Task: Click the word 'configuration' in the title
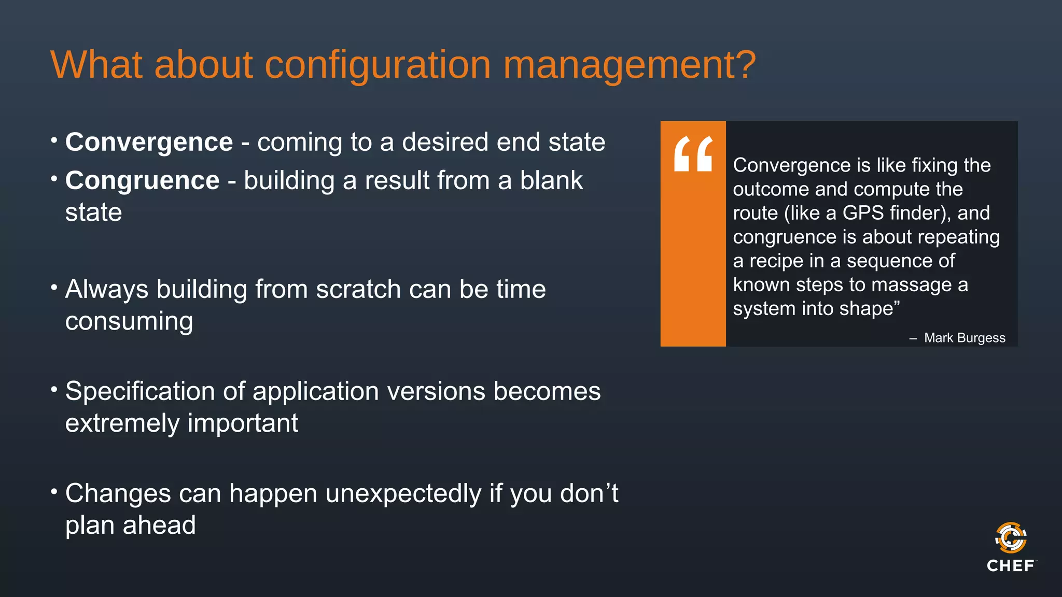click(378, 65)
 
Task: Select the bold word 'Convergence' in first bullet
click(149, 142)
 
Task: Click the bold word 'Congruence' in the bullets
click(142, 180)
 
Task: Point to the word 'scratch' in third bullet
click(358, 289)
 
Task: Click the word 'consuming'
click(129, 322)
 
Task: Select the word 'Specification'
click(139, 391)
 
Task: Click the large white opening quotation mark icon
click(693, 154)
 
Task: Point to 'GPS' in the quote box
click(863, 213)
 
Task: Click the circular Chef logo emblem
click(1011, 538)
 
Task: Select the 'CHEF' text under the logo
click(1010, 566)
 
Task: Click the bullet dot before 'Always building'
click(54, 287)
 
